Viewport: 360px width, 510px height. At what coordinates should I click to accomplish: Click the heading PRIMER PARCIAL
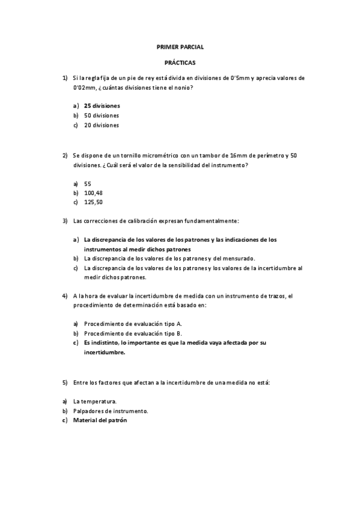click(180, 46)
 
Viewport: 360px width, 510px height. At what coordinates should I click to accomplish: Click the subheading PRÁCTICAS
click(180, 62)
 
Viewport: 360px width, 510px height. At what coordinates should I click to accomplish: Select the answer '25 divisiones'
click(102, 105)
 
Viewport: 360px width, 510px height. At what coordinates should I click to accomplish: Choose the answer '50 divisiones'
click(102, 115)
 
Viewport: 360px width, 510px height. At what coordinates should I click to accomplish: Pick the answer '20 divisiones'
click(102, 125)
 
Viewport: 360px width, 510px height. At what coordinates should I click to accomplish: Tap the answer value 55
click(88, 183)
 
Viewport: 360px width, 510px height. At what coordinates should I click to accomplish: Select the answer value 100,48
click(93, 192)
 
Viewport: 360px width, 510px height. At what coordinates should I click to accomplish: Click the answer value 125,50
click(93, 202)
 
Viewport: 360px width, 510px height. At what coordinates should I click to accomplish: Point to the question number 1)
click(64, 78)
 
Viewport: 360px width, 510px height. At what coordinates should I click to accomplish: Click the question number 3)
click(64, 221)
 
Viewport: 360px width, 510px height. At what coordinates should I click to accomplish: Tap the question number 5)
click(64, 382)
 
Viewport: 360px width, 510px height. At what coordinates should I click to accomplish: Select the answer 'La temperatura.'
click(95, 401)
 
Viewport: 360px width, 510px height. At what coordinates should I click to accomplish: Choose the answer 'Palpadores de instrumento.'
click(111, 411)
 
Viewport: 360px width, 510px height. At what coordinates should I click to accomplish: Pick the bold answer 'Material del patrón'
click(100, 420)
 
